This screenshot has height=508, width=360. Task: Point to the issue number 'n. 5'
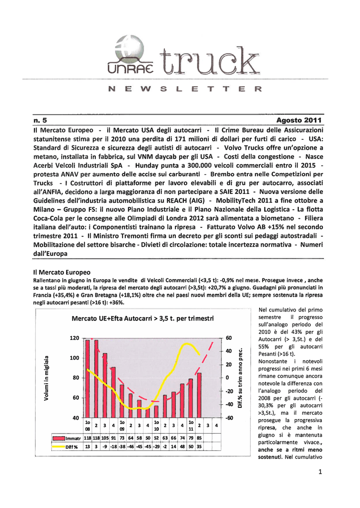(x=40, y=120)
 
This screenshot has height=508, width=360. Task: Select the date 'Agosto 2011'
(x=299, y=120)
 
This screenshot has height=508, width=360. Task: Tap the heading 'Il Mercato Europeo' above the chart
(x=62, y=272)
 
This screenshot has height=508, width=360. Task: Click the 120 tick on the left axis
(x=74, y=338)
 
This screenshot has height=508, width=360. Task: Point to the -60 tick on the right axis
(x=230, y=418)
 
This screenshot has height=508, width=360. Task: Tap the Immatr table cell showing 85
(x=199, y=438)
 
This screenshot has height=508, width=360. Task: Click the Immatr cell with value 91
(x=113, y=438)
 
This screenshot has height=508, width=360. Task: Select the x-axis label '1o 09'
(x=122, y=425)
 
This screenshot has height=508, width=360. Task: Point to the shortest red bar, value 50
(x=147, y=413)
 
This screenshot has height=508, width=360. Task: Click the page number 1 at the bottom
(x=321, y=472)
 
